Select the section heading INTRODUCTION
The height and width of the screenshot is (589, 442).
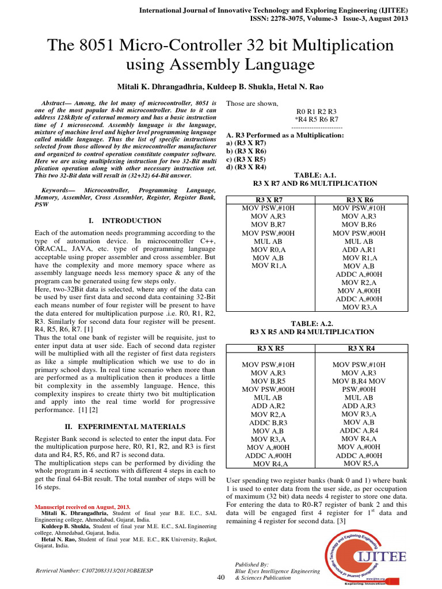(131, 220)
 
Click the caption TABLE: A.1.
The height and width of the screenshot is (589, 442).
(315, 174)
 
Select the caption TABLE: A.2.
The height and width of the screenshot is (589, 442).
(315, 323)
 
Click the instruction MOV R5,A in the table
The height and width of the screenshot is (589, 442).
(361, 463)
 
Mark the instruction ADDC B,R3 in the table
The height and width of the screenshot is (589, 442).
(268, 422)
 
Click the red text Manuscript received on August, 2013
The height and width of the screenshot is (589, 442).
(83, 507)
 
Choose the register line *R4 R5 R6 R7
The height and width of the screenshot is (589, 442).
(316, 118)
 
